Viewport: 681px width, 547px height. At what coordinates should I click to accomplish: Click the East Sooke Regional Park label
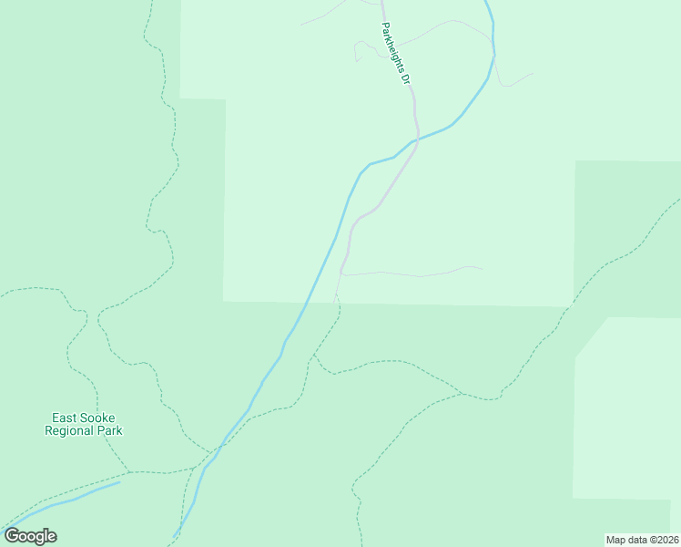pos(84,424)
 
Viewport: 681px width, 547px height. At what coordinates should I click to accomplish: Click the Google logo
pos(30,536)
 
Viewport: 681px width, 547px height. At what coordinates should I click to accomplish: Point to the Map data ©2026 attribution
pos(642,540)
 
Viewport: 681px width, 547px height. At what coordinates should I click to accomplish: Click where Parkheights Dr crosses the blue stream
pos(417,139)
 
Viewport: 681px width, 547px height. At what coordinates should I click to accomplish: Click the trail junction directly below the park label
pos(130,472)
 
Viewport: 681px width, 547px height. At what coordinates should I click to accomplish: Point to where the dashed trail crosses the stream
pos(219,448)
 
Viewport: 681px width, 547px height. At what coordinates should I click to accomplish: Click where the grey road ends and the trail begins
pos(337,296)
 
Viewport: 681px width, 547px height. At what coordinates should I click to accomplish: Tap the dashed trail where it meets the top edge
pos(150,3)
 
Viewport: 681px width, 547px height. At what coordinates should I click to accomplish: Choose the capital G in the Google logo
pos(12,536)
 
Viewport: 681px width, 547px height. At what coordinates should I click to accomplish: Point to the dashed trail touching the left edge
pos(3,295)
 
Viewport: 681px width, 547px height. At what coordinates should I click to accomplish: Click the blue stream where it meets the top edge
pos(487,3)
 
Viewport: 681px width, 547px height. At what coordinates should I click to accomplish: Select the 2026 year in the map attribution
pos(665,540)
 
